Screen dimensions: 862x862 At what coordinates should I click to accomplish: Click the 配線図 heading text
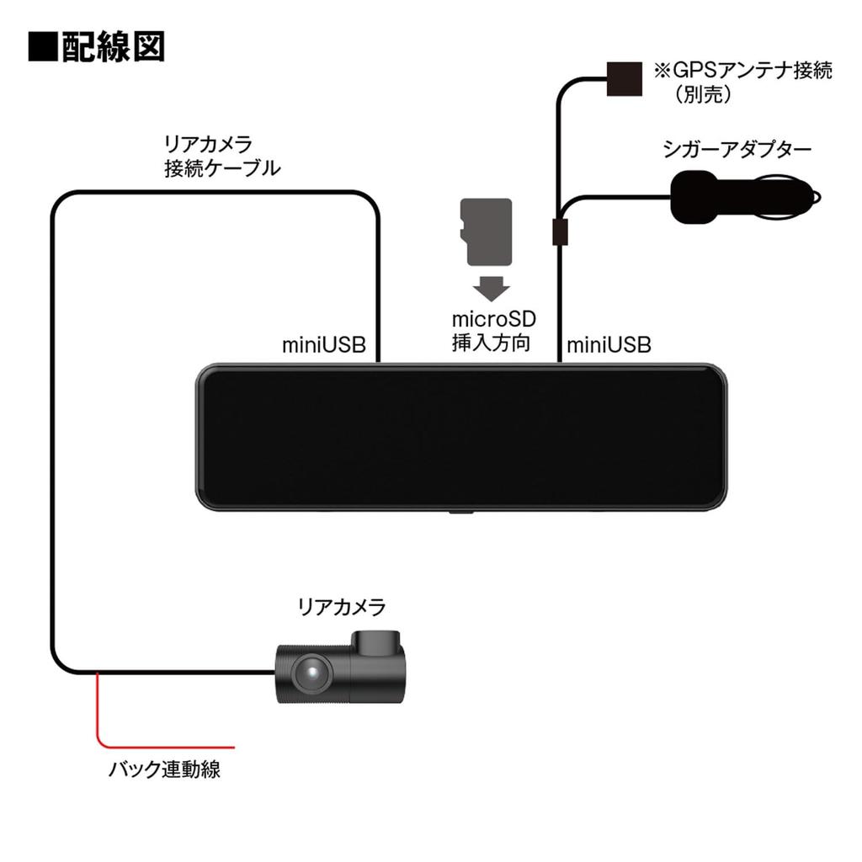(x=112, y=46)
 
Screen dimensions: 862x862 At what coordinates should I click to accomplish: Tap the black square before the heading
(x=41, y=46)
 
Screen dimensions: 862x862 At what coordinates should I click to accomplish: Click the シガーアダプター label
(x=737, y=151)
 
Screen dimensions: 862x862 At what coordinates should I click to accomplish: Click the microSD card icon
(x=486, y=232)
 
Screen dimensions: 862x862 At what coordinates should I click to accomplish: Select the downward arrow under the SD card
(x=491, y=289)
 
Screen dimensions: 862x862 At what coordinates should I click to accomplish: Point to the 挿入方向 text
(x=491, y=343)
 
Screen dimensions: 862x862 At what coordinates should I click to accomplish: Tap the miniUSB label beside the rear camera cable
(x=324, y=345)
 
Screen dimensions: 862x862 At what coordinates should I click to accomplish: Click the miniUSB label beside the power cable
(x=609, y=345)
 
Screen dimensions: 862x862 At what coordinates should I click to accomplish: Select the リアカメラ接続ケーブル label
(x=221, y=156)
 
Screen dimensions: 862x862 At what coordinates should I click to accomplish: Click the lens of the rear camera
(x=308, y=673)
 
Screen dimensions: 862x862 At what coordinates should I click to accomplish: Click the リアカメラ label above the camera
(x=341, y=606)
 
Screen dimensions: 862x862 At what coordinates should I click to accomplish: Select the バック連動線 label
(x=165, y=769)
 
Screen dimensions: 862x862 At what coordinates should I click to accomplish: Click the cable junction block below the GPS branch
(x=559, y=231)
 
